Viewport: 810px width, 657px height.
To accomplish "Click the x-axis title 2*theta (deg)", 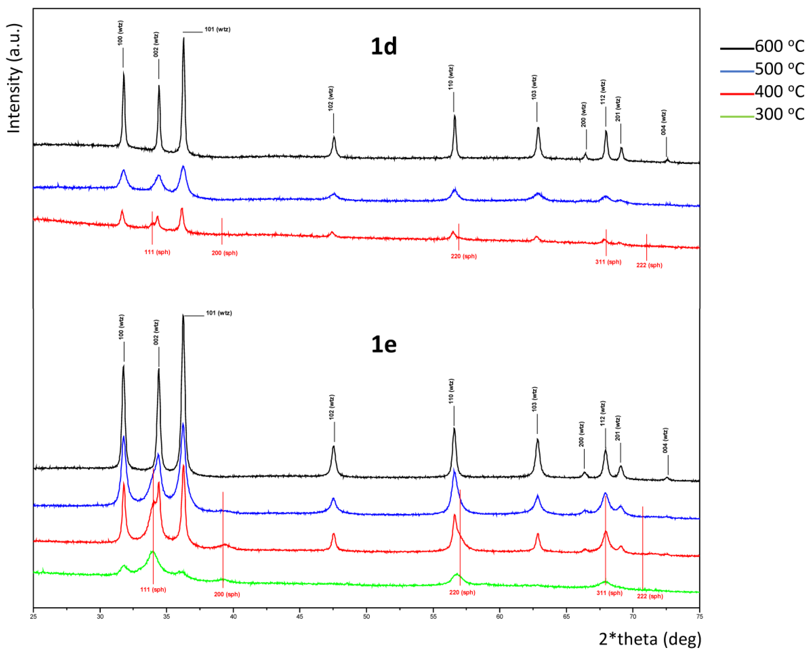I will tap(650, 639).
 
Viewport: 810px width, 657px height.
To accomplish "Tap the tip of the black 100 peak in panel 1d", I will tap(123, 72).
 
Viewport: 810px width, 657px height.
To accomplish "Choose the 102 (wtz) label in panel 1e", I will tap(332, 407).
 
